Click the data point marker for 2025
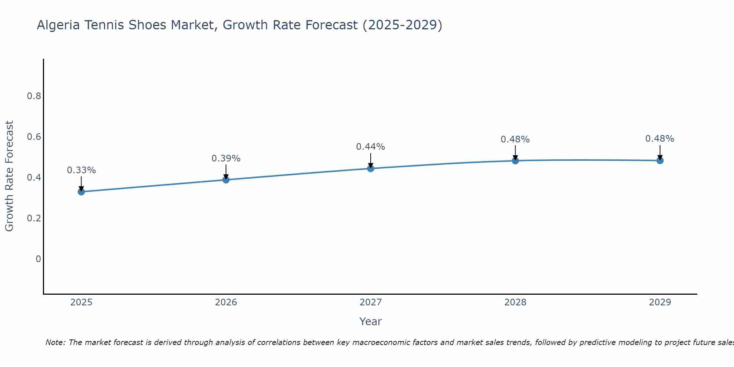point(81,192)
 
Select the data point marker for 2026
point(226,179)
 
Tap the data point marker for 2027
point(370,168)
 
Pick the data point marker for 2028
point(515,160)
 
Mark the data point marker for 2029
point(659,160)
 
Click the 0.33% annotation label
point(81,170)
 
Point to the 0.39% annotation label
point(226,159)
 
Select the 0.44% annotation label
point(370,147)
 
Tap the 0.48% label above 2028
point(515,139)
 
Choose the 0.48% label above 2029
point(659,139)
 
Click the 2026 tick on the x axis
point(226,302)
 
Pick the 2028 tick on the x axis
point(515,302)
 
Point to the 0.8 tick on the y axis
point(34,96)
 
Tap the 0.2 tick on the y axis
point(34,218)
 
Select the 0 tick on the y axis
point(38,259)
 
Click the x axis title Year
point(370,321)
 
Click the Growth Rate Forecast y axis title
point(9,176)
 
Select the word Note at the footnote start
point(55,342)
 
